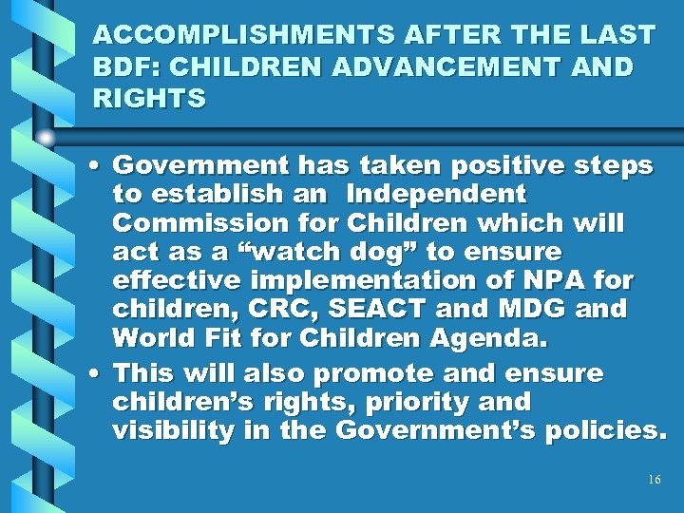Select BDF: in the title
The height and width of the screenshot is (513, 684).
pos(127,67)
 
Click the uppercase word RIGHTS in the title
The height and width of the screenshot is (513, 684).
pos(150,100)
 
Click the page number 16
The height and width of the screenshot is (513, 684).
pos(654,480)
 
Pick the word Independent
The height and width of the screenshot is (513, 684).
pos(436,195)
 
